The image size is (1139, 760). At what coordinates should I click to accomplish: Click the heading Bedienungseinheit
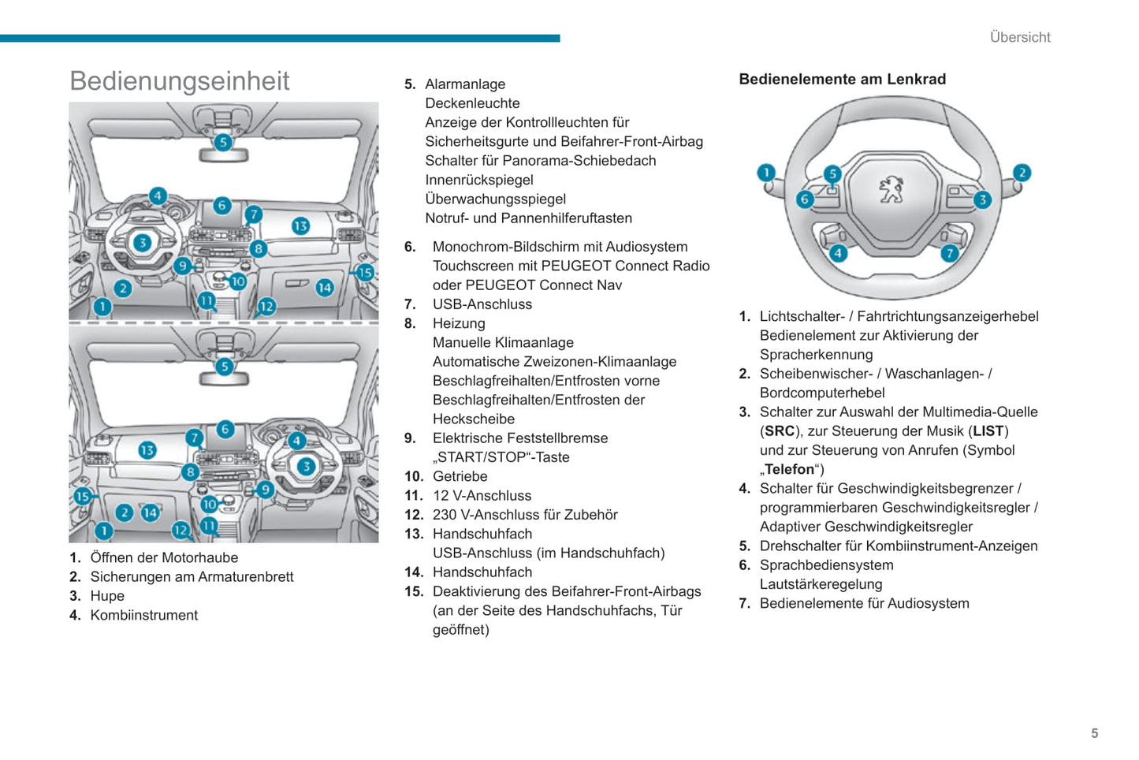click(x=180, y=81)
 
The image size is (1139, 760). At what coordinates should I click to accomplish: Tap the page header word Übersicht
click(x=1020, y=37)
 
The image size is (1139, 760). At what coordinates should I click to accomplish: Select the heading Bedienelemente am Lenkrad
click(x=842, y=79)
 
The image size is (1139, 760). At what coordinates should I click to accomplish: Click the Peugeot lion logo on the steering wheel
click(x=891, y=190)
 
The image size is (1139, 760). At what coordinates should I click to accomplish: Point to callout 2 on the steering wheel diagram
click(x=1022, y=173)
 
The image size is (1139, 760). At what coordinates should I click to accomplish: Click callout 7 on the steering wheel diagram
click(x=950, y=253)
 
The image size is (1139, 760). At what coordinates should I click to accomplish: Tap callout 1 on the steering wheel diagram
click(x=766, y=173)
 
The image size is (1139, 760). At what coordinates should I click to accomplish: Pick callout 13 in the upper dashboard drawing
click(x=300, y=226)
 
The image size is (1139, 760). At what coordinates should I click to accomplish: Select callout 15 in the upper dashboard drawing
click(x=365, y=273)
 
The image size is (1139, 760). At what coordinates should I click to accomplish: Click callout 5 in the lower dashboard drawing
click(x=225, y=367)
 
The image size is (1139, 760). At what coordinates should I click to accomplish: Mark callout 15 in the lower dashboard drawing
click(x=83, y=496)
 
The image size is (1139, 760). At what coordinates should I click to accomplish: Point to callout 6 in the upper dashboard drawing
click(x=222, y=205)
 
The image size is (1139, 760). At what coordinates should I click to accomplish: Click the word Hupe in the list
click(x=107, y=596)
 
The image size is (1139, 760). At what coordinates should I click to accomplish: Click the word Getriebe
click(x=460, y=476)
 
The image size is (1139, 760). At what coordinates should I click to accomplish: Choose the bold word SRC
click(x=780, y=431)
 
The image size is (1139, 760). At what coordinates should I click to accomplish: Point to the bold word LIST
click(x=988, y=431)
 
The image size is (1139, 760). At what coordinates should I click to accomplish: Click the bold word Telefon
click(x=789, y=470)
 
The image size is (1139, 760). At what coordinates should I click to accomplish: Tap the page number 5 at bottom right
click(x=1094, y=733)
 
